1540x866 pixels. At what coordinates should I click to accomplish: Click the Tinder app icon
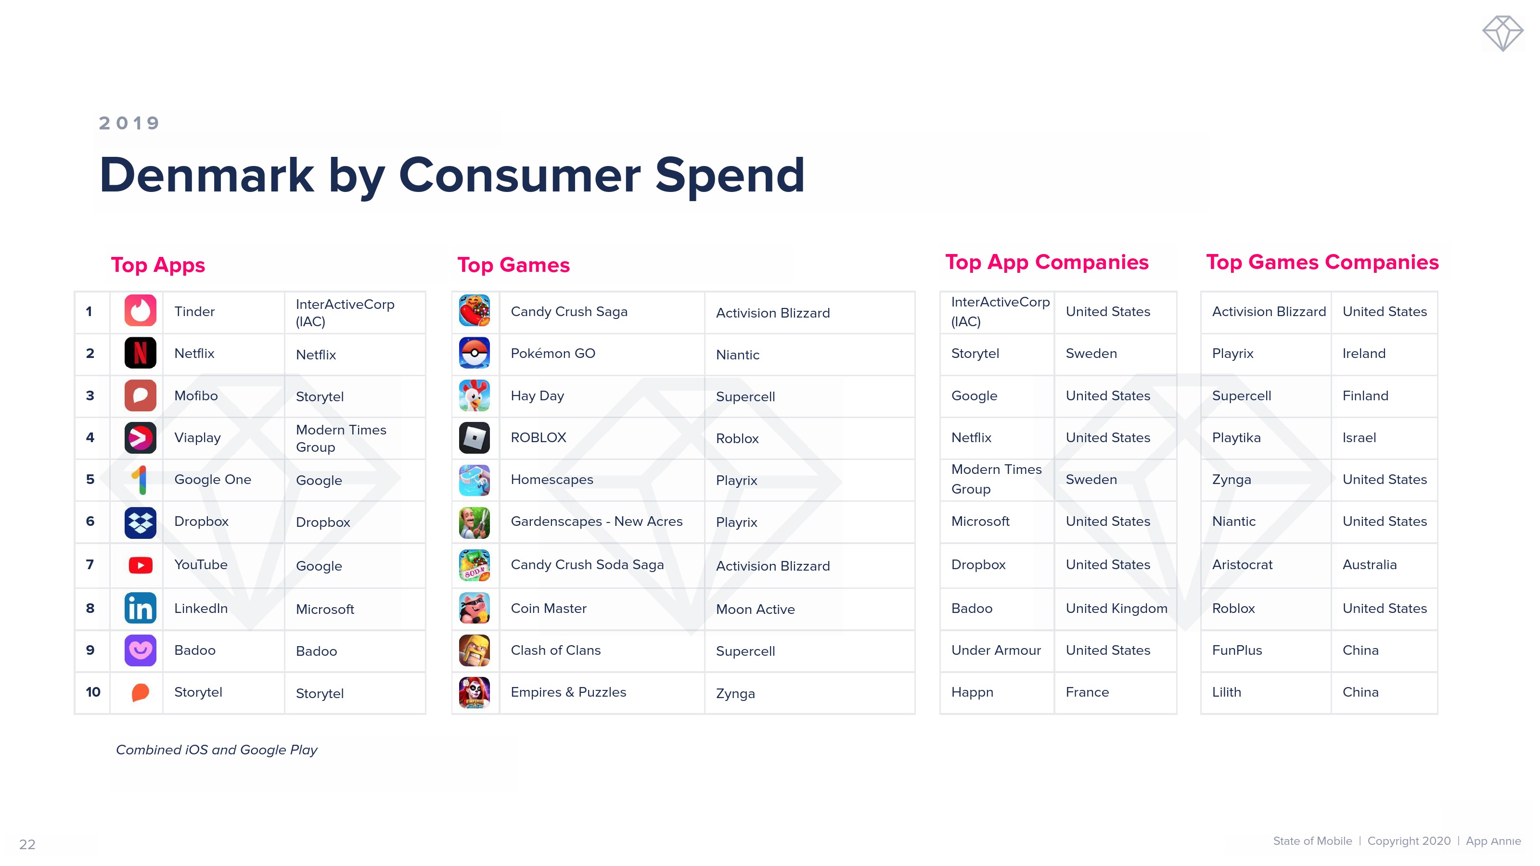[x=140, y=311]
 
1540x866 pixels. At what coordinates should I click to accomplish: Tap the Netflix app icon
[x=140, y=353]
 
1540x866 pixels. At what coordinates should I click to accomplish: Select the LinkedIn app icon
[x=140, y=608]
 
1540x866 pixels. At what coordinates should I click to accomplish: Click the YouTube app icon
[x=141, y=565]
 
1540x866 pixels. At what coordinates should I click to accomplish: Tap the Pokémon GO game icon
[x=474, y=353]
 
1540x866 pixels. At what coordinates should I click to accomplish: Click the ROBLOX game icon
[x=474, y=437]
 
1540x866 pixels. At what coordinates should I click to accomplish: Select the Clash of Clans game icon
[x=474, y=650]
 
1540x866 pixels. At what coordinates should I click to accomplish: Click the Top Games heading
[x=513, y=265]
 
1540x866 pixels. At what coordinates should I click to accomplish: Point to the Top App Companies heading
[x=1047, y=262]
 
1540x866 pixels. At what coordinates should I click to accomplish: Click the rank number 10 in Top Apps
[x=93, y=692]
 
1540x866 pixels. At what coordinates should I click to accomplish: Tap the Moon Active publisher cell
[x=755, y=609]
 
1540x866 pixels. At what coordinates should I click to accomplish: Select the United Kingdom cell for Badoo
[x=1116, y=609]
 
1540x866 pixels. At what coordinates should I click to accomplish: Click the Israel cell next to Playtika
[x=1359, y=437]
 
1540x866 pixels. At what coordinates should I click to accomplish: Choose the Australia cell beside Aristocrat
[x=1370, y=565]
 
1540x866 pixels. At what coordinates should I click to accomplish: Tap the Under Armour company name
[x=996, y=650]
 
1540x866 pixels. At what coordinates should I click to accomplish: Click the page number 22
[x=27, y=844]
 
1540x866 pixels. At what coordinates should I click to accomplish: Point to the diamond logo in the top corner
[x=1502, y=34]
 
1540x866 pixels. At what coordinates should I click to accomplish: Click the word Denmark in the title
[x=206, y=175]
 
